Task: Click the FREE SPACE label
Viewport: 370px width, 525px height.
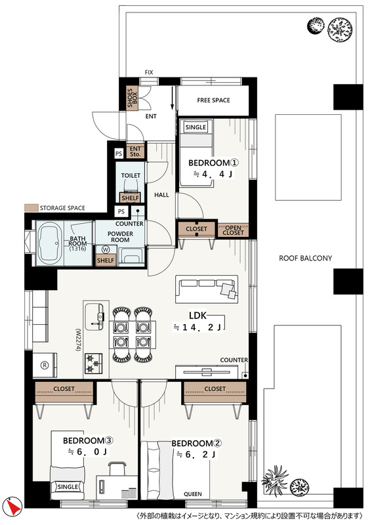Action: pos(213,100)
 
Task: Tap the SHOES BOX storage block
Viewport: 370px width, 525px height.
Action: pos(132,97)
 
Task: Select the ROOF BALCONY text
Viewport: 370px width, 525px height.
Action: pos(305,258)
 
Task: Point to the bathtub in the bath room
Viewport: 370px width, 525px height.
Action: pos(50,243)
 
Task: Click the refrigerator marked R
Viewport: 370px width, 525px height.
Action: pos(45,365)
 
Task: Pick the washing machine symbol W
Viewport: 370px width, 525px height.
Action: pos(106,249)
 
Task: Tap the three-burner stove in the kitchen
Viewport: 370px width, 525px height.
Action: pos(94,364)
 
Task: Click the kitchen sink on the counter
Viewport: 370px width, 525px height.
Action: pos(94,316)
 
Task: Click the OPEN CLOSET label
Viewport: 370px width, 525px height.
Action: pos(233,230)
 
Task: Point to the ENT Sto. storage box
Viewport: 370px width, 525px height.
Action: pos(135,152)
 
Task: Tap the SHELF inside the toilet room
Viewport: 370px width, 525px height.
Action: pos(130,198)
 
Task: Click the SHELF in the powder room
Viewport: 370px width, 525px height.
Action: pos(106,261)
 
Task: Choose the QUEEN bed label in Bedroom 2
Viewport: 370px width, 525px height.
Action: pos(193,494)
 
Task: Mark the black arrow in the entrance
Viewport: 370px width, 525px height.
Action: pos(173,98)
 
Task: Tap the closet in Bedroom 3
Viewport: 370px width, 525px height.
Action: pos(64,392)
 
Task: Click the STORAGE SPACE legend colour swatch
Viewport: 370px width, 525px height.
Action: pos(31,208)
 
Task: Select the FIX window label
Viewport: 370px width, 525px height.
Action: pos(149,72)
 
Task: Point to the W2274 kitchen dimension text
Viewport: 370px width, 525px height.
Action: pos(78,339)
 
